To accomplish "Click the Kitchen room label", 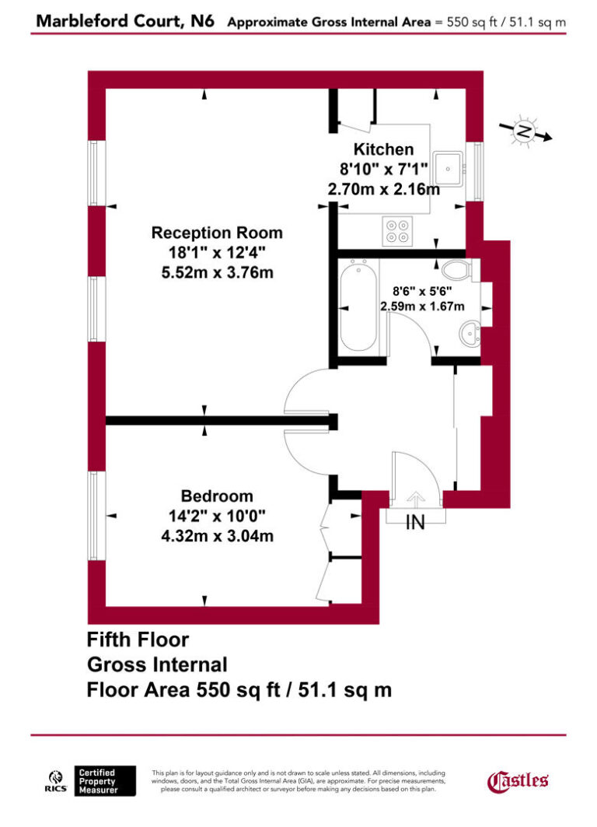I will [383, 149].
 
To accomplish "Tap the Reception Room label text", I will [217, 233].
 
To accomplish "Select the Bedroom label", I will [217, 496].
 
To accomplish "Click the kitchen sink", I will [449, 165].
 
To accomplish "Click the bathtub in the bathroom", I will [358, 310].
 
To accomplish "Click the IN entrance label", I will [417, 523].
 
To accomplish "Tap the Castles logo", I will [518, 780].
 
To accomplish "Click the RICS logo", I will [56, 780].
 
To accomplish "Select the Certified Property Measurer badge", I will [106, 780].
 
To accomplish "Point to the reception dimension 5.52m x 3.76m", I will [217, 272].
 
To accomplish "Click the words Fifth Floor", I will [138, 640].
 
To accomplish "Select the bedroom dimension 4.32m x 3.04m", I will [217, 536].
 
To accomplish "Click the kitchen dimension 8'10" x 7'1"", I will [383, 169].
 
